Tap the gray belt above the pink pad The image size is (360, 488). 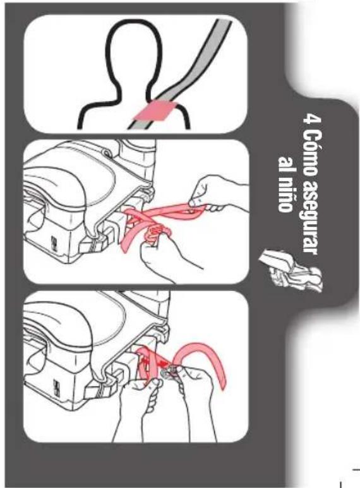(x=200, y=59)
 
